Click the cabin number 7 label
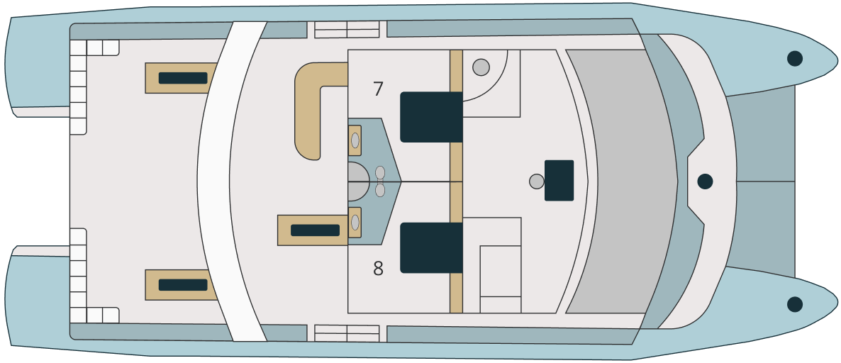tap(378, 89)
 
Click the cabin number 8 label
tap(378, 268)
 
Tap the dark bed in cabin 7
tap(431, 117)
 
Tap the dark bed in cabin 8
tap(431, 247)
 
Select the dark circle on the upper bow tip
tap(794, 58)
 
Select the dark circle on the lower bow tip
tap(794, 305)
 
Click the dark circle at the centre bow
tap(705, 181)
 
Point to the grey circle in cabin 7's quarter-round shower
tap(481, 67)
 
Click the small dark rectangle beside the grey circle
tap(559, 181)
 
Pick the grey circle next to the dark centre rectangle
tap(536, 181)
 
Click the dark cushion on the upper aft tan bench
tap(183, 78)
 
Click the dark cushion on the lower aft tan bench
tap(183, 285)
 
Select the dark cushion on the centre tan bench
tap(315, 230)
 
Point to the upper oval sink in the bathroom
tap(355, 140)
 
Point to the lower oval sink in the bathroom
tap(355, 223)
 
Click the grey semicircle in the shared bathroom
tap(358, 181)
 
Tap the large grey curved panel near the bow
tap(622, 181)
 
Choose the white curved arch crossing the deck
tap(232, 181)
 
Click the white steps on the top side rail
tap(347, 30)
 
